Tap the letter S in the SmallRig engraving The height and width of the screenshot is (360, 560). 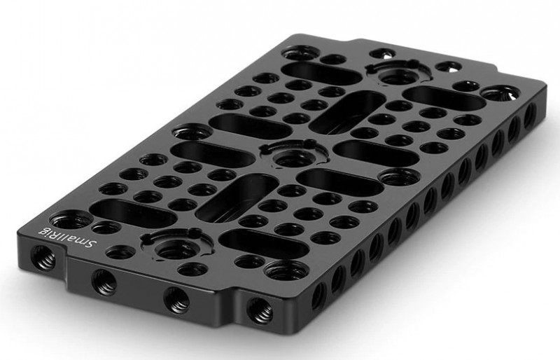point(92,245)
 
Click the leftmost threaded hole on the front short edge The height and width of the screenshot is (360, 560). point(43,257)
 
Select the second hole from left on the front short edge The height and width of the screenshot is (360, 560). point(104,282)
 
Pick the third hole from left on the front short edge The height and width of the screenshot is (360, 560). point(177,300)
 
